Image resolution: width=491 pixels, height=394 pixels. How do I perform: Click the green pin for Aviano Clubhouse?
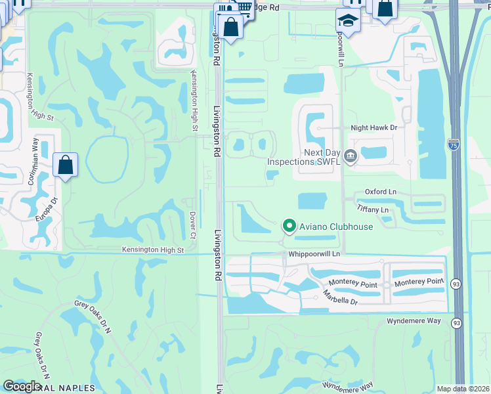(289, 227)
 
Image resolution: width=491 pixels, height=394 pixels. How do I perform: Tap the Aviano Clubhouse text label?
(336, 227)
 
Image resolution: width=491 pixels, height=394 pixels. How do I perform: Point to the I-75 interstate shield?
(453, 143)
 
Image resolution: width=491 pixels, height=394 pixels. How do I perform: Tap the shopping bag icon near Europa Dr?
(66, 165)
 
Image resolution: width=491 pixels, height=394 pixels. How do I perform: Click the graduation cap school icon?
(347, 20)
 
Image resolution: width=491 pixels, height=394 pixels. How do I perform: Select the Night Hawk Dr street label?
(374, 129)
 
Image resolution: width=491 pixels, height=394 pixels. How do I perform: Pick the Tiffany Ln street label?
(373, 209)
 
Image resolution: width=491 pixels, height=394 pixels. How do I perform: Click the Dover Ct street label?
(193, 225)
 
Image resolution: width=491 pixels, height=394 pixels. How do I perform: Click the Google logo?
(22, 386)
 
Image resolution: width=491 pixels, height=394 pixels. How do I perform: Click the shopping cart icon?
(244, 7)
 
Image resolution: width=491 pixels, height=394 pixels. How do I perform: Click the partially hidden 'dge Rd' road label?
(267, 7)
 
